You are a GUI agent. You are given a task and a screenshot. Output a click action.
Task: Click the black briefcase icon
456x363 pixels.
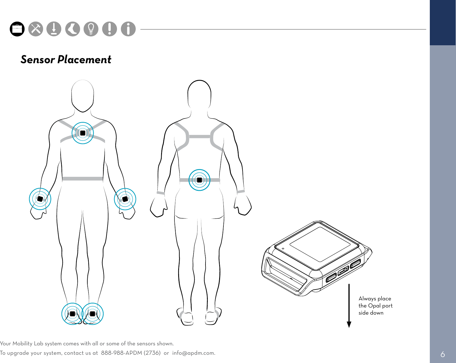point(17,29)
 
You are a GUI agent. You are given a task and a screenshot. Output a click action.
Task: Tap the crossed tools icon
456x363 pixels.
point(36,29)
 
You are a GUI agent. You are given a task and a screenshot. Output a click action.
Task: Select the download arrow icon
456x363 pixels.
point(54,29)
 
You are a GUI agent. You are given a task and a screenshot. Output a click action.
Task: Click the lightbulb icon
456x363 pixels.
point(91,29)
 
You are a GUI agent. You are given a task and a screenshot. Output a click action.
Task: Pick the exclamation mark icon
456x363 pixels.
point(110,29)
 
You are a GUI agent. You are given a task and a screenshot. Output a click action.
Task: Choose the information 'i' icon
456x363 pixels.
point(128,29)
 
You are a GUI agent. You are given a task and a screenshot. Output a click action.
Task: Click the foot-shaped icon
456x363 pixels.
point(73,29)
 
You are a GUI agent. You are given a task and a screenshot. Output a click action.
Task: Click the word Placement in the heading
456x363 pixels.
point(84,60)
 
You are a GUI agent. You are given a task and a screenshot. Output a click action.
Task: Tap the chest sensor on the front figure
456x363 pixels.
point(83,133)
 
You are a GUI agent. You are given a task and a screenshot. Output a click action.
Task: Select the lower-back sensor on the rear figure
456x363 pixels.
point(199,180)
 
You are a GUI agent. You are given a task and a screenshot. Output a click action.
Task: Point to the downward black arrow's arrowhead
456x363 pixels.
point(349,324)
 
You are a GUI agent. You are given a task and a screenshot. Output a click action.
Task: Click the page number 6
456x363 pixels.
point(443,354)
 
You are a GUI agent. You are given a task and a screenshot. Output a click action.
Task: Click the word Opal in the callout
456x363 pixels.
point(374,306)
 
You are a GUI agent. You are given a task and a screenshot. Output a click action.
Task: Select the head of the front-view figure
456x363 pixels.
point(83,95)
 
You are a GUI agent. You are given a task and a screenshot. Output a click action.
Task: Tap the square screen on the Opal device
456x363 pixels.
point(320,244)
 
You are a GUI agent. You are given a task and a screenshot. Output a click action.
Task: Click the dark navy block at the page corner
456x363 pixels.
point(443,22)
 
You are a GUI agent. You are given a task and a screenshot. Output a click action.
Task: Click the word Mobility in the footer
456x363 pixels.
point(22,344)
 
